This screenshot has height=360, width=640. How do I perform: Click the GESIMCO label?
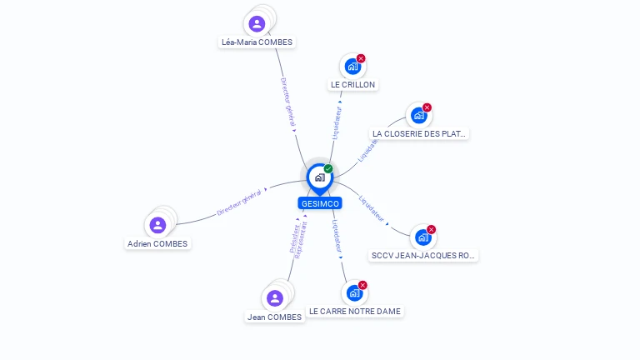pos(319,203)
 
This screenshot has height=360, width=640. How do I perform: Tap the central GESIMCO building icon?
pos(319,177)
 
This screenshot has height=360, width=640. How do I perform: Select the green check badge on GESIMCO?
pos(328,168)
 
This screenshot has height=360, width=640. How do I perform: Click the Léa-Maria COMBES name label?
pos(257,42)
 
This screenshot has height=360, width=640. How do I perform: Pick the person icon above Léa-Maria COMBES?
pos(257,23)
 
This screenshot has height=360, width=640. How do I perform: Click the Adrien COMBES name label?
pos(157,244)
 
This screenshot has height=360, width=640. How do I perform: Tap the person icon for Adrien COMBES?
pos(157,225)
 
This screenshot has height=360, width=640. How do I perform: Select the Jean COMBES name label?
pos(274,317)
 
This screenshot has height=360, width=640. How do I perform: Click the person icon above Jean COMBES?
pos(275,297)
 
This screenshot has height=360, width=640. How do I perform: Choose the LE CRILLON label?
pos(353,84)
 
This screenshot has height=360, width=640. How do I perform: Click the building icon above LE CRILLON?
pos(352,66)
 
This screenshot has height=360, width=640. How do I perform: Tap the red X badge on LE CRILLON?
pos(361,58)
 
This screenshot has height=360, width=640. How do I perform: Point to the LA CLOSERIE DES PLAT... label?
pos(420,133)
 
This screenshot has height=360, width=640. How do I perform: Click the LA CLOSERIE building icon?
pos(418,115)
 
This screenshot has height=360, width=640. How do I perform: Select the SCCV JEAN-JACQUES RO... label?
pos(423,256)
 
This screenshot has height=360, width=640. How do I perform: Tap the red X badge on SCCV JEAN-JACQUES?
pos(431,229)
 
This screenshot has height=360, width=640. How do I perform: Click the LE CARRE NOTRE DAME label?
pos(355,312)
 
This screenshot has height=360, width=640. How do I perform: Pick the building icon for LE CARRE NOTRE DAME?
pos(354,292)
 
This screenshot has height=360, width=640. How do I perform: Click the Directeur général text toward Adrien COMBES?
pos(239,202)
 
